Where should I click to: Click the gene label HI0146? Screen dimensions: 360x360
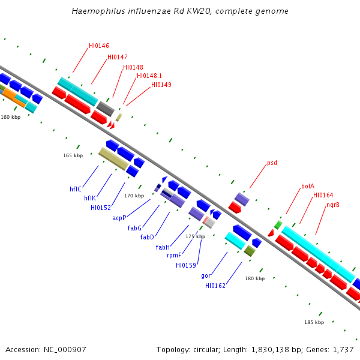click(x=99, y=46)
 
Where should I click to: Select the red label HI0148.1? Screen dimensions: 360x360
click(x=149, y=76)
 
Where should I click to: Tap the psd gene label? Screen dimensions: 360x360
click(x=272, y=163)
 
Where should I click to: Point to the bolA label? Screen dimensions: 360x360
click(x=308, y=186)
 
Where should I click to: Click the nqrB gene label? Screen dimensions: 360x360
click(x=333, y=205)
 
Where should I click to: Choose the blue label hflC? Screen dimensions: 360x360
click(x=75, y=189)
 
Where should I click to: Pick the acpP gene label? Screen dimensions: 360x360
click(x=119, y=218)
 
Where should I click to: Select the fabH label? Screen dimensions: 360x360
click(x=163, y=247)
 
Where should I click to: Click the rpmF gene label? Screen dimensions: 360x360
click(x=174, y=255)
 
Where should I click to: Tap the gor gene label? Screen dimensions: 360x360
click(x=206, y=275)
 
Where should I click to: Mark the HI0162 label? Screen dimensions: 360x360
click(x=215, y=286)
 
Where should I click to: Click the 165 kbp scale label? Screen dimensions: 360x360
click(x=73, y=155)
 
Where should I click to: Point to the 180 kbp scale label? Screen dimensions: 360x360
click(x=254, y=278)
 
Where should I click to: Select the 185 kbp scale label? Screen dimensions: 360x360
click(x=314, y=322)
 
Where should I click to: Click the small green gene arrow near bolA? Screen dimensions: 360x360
click(x=278, y=225)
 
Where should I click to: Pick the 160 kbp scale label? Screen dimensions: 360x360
click(x=11, y=117)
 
